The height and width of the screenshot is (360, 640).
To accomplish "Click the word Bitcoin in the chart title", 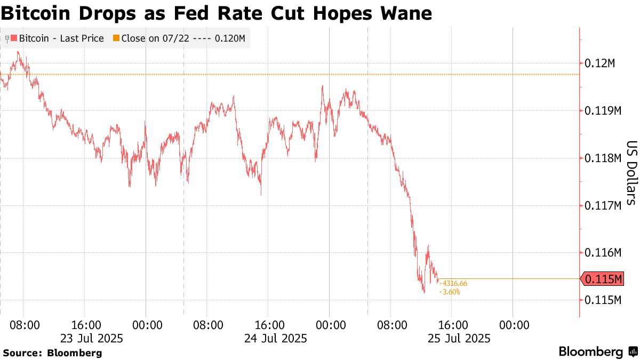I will point(41,13).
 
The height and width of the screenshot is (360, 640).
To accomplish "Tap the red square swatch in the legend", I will point(14,38).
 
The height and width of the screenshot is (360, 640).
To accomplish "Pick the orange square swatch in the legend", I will point(116,38).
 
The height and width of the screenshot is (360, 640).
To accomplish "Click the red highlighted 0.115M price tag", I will point(604,279).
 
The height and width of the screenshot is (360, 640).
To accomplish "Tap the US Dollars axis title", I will point(631,173).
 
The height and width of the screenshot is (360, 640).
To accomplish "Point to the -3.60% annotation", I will point(449,292).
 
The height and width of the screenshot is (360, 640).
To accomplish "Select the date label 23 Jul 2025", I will point(92,338).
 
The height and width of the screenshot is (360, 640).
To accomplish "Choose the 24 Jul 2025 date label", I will point(275,338).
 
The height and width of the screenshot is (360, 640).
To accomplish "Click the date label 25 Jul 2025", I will point(459,338).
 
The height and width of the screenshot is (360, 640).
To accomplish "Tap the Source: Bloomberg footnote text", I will point(52,353).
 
